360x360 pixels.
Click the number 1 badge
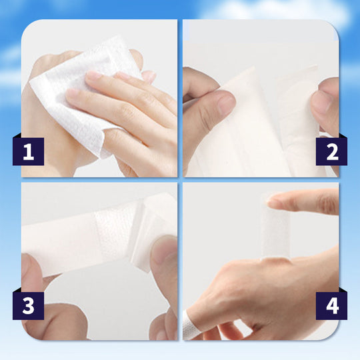tap(28, 151)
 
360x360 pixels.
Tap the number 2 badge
tap(331, 151)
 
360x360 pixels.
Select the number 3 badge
tap(28, 305)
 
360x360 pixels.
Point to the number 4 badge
tap(331, 305)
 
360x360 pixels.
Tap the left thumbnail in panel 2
tap(225, 102)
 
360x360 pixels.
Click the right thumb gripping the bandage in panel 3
tap(163, 260)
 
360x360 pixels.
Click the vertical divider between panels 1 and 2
tap(180, 100)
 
